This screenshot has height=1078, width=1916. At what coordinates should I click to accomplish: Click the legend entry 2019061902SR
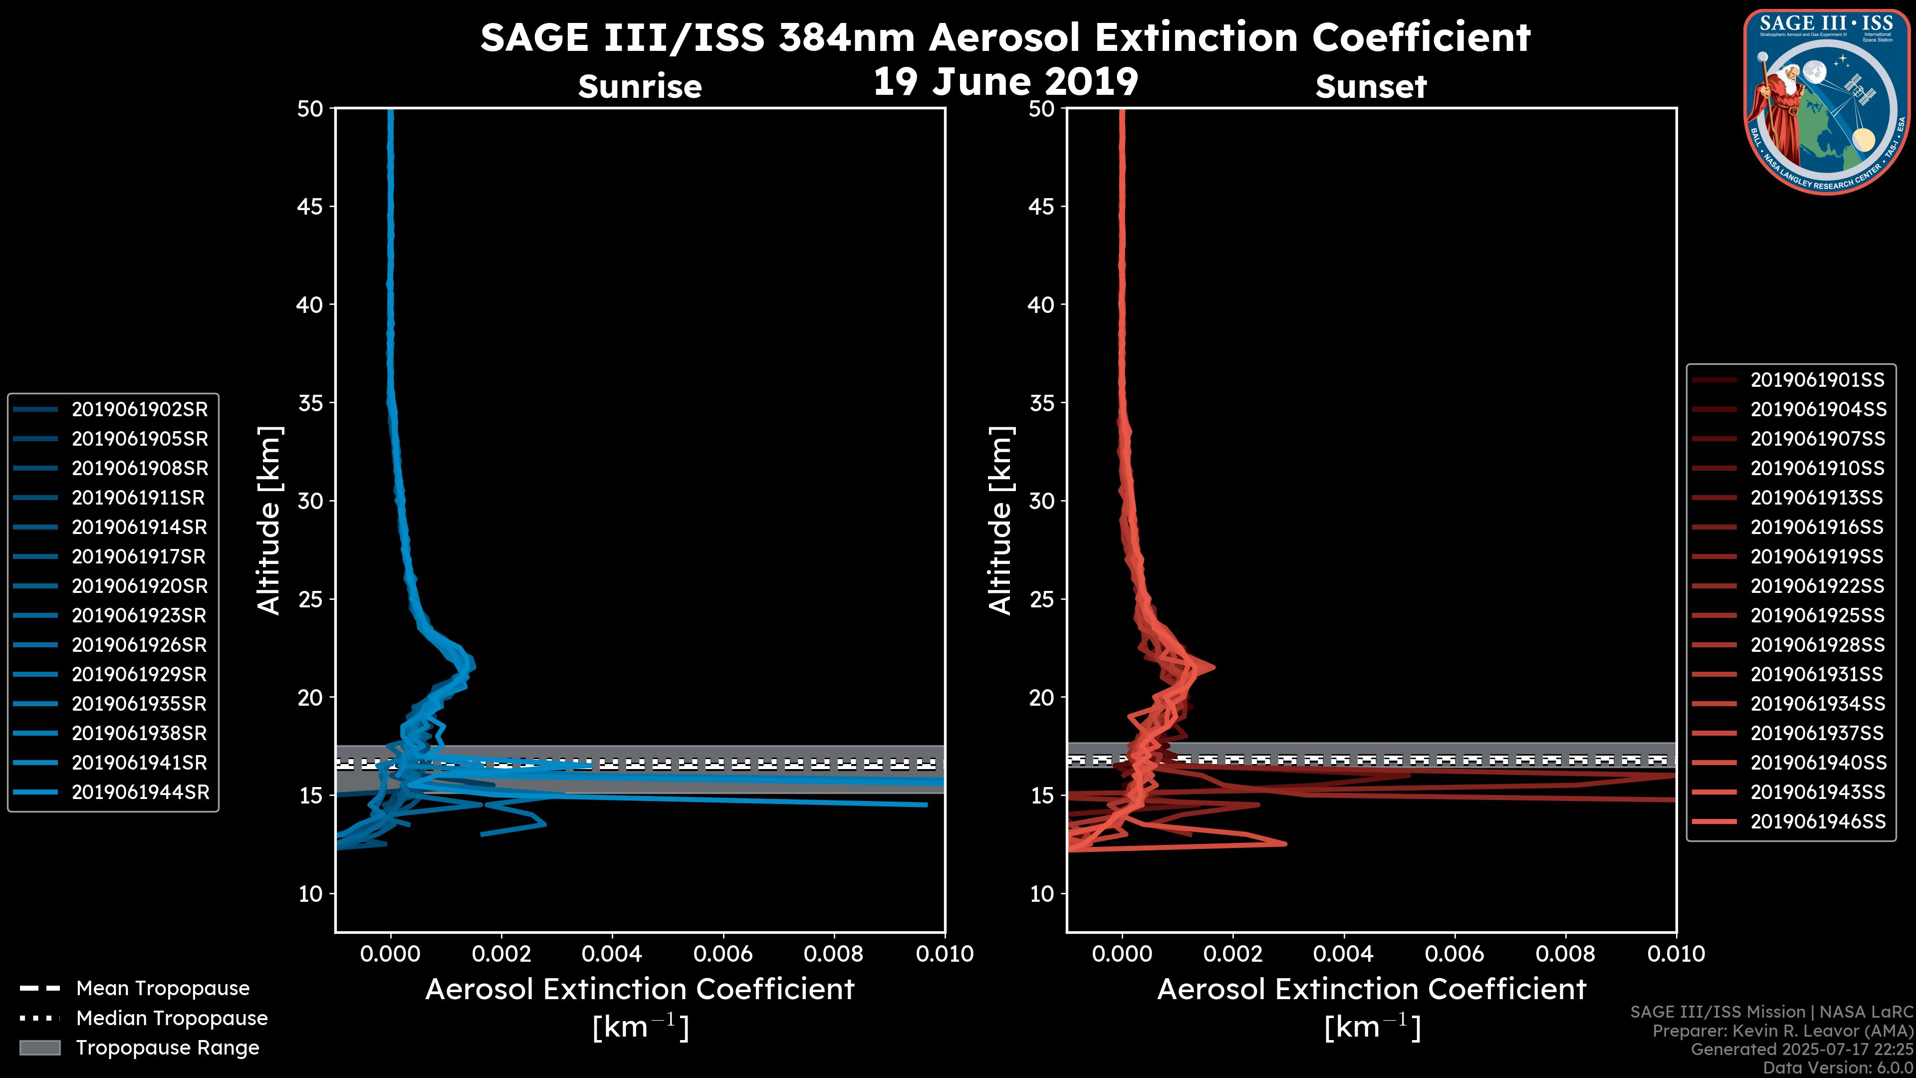pos(139,409)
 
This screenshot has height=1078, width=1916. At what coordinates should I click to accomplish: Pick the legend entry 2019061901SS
pos(1817,380)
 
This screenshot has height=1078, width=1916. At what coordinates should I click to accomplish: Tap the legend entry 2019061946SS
pos(1818,821)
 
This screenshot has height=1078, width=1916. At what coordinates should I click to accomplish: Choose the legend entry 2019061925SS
pos(1817,615)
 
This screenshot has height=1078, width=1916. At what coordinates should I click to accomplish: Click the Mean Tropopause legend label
pos(162,988)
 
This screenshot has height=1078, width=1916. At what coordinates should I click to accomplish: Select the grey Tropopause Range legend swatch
pos(39,1048)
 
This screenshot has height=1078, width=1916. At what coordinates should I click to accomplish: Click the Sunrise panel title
pos(640,86)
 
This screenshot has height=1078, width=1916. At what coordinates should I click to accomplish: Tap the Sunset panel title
pos(1371,86)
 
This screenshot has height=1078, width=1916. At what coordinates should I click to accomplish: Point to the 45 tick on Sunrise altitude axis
pos(310,206)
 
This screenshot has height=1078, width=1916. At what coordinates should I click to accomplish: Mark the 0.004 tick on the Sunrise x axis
pos(612,954)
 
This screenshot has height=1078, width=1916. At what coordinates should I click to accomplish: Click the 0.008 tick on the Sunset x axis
pos(1566,954)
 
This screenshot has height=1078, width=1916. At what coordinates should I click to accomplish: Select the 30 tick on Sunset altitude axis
pos(1041,501)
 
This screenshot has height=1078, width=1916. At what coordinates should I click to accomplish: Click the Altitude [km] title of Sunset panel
pos(1000,520)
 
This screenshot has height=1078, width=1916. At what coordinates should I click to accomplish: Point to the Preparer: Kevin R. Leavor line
pos(1782,1031)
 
